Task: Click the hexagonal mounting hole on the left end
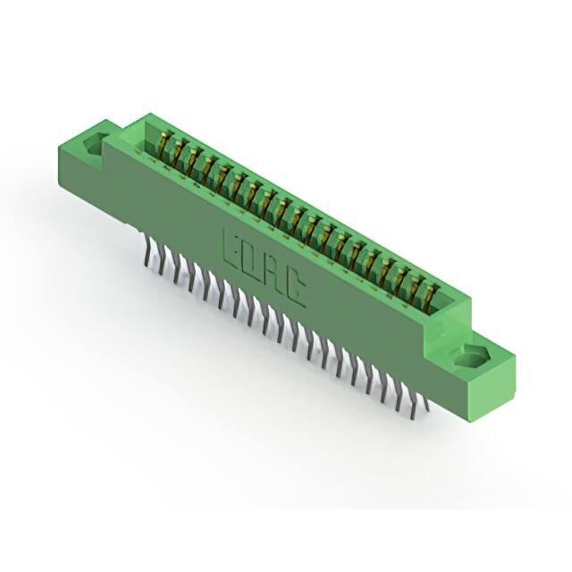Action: tap(96, 145)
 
